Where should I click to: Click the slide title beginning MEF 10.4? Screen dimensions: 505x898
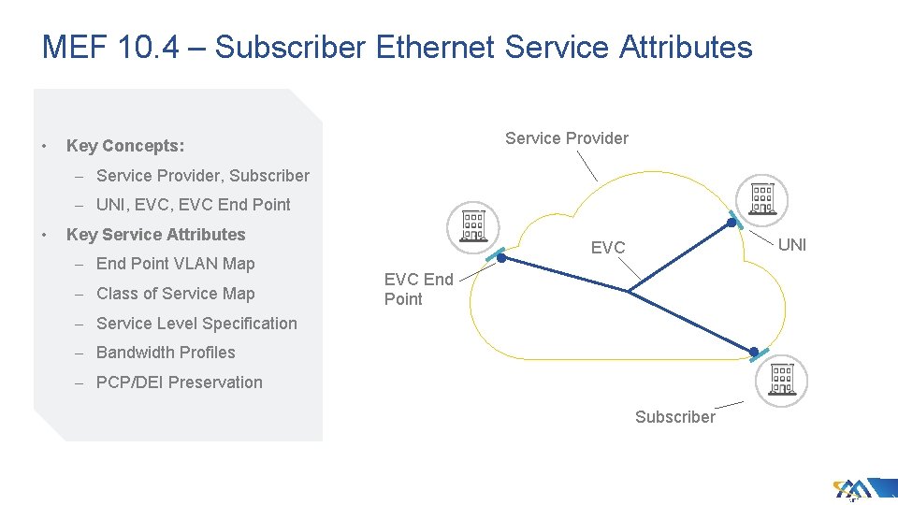tap(397, 47)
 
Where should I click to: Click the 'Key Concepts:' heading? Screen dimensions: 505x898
tap(125, 146)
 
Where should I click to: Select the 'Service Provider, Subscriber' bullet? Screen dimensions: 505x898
tap(202, 176)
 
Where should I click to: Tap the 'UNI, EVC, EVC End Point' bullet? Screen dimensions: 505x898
tap(193, 205)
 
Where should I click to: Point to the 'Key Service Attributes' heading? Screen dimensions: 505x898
tap(155, 235)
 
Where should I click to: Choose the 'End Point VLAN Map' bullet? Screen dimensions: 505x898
tap(175, 264)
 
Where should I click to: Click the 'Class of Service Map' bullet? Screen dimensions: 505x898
tap(175, 294)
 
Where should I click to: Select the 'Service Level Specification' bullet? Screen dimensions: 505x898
tap(196, 324)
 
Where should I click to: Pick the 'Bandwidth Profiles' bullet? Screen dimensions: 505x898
tap(166, 353)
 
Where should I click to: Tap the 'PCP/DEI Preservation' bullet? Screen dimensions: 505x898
tap(179, 382)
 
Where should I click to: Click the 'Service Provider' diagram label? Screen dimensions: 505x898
tap(567, 138)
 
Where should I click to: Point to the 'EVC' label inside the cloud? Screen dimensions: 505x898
tap(608, 248)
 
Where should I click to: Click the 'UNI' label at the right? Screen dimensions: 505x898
tap(792, 245)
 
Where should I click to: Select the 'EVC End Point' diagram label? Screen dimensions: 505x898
tap(418, 289)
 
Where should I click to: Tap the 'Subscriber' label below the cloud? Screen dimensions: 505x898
tap(675, 417)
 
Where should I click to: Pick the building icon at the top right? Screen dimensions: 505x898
tap(762, 197)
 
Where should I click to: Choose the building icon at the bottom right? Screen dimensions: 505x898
tap(781, 380)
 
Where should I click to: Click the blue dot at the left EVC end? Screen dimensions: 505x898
tap(500, 257)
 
